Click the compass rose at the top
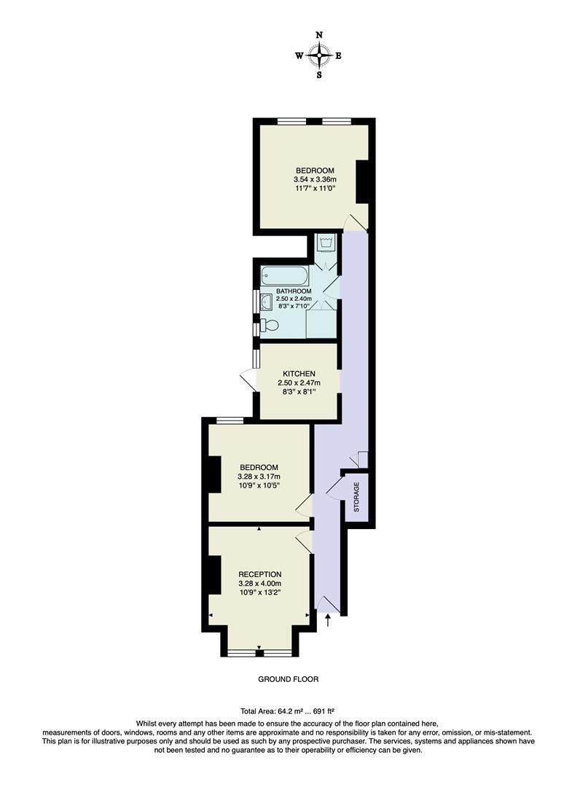coord(319,55)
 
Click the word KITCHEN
coord(299,374)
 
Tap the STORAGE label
coord(356,497)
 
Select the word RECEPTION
coord(259,574)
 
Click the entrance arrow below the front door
coord(328,620)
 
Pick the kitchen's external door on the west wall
coord(247,379)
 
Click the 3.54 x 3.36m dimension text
coord(314,180)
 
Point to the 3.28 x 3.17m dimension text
coord(259,477)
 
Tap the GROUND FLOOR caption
coord(289,679)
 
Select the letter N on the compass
coord(319,35)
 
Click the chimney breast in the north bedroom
coord(362,181)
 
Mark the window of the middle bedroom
coord(230,419)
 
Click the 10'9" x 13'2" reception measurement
coord(259,592)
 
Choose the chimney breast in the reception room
coord(214,575)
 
